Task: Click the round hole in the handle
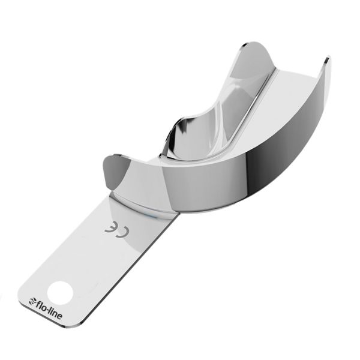[x=61, y=292]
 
